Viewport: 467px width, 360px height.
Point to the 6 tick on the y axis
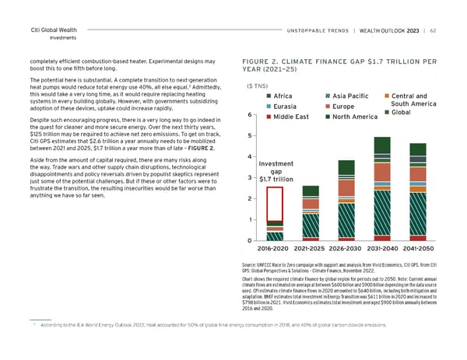pos(248,115)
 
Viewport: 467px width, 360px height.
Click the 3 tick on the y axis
pos(248,178)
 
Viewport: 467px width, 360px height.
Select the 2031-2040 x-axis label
pos(382,249)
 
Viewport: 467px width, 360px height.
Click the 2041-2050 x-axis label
pos(418,249)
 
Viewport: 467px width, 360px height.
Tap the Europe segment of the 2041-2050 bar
pos(418,172)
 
